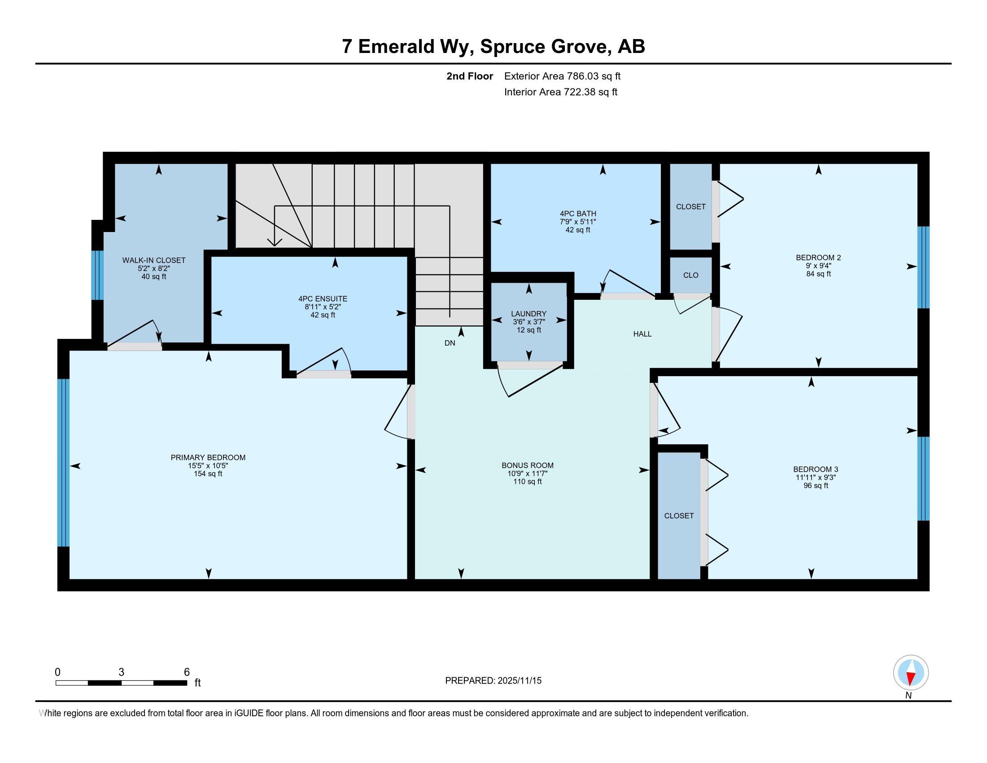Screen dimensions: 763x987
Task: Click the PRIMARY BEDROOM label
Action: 208,457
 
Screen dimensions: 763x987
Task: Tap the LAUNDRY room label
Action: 528,314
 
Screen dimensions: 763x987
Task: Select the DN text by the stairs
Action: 450,343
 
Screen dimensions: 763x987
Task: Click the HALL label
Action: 642,334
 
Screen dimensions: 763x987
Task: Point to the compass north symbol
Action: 911,672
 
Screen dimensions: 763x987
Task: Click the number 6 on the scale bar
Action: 187,672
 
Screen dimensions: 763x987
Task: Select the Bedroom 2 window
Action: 923,267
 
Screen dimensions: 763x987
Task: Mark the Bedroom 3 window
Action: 923,478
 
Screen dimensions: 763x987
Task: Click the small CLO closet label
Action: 690,275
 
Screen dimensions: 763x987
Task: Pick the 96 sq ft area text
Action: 816,486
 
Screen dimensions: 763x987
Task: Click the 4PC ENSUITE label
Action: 323,299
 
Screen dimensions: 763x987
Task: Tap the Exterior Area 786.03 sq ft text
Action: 562,76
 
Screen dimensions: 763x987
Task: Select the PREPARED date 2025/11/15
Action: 493,681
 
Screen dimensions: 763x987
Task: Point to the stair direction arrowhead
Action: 274,243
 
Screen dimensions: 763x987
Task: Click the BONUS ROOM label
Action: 528,465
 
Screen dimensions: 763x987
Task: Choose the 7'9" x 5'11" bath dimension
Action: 577,222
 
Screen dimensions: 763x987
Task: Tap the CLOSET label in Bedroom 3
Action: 679,516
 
